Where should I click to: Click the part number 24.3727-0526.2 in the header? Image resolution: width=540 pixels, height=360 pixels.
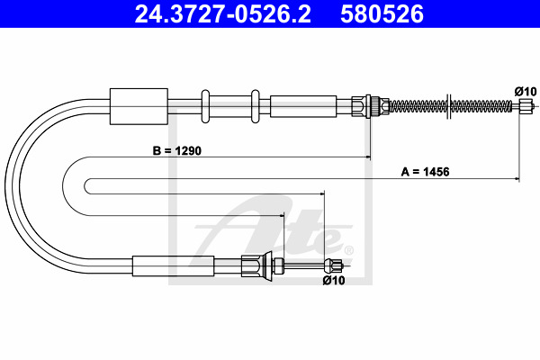pyautogui.click(x=223, y=14)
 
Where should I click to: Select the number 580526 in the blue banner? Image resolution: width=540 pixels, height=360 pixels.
pyautogui.click(x=382, y=14)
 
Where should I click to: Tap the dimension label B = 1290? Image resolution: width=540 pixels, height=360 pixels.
pyautogui.click(x=177, y=151)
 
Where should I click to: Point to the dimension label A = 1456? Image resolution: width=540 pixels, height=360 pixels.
pyautogui.click(x=425, y=172)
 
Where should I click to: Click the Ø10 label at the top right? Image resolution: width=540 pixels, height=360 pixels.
pyautogui.click(x=526, y=92)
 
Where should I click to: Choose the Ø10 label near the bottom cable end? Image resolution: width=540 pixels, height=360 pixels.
pyautogui.click(x=334, y=281)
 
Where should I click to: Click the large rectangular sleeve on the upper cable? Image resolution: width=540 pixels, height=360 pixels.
pyautogui.click(x=139, y=106)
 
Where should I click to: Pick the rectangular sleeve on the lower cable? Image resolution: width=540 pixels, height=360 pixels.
pyautogui.click(x=173, y=266)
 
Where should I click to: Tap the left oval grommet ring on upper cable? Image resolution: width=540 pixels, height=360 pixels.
pyautogui.click(x=205, y=106)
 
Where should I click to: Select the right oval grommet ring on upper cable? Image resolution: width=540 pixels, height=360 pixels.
pyautogui.click(x=256, y=106)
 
